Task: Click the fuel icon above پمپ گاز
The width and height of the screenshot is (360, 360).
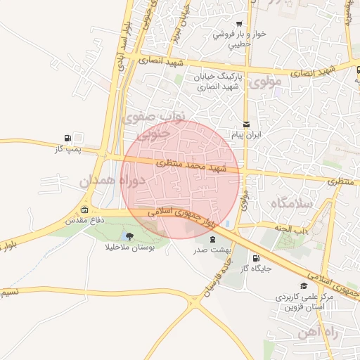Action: click(67, 138)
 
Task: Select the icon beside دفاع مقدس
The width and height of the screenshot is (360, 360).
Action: click(85, 210)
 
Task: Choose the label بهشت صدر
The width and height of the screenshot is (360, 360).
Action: click(210, 250)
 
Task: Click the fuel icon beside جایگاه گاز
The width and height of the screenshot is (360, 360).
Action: click(255, 258)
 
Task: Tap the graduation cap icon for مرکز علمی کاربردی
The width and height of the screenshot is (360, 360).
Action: click(304, 286)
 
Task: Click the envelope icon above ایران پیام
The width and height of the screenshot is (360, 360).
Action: click(246, 124)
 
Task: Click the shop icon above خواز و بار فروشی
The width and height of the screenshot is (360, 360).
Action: click(239, 23)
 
